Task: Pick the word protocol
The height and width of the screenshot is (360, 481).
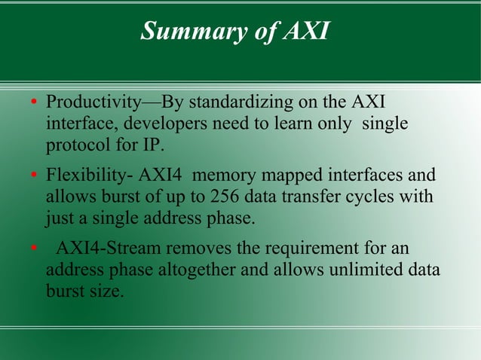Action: point(77,144)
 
